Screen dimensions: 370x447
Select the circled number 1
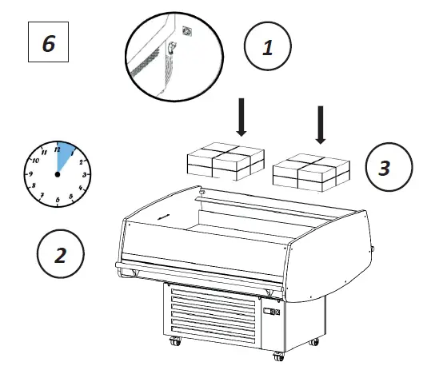pos(267,48)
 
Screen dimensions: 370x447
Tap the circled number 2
pos(61,255)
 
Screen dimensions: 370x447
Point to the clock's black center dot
pos(58,173)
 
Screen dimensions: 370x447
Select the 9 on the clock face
pos(30,173)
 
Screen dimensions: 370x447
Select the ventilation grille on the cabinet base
pos(212,315)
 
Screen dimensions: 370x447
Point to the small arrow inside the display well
pos(163,216)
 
